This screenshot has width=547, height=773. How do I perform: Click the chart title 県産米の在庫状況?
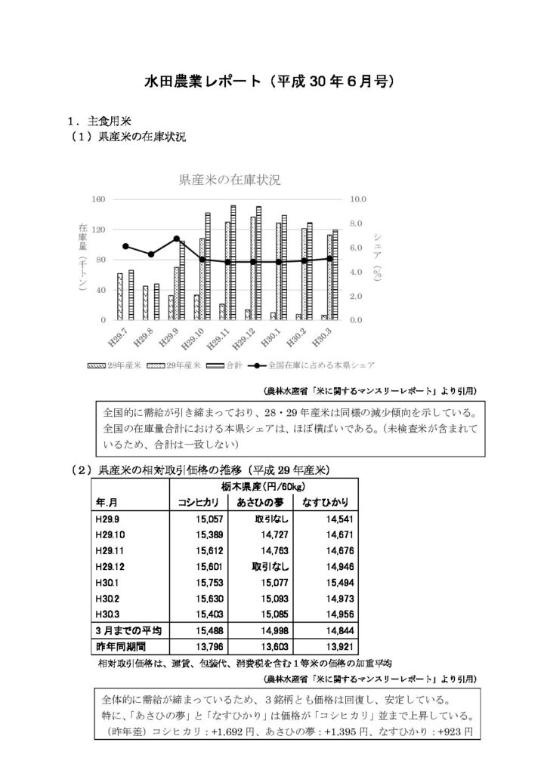point(229,180)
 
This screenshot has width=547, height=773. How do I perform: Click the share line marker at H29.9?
point(176,239)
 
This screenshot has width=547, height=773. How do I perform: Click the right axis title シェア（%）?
point(377,260)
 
